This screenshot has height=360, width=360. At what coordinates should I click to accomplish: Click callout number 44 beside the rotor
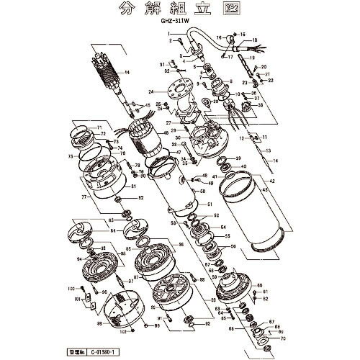[x=127, y=73]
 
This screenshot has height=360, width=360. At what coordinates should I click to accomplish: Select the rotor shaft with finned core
[x=107, y=76]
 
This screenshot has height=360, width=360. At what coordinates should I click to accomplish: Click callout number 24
[x=152, y=92]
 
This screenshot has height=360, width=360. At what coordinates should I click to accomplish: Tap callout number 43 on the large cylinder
[x=264, y=189]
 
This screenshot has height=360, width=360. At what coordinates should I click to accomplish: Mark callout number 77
[x=84, y=195]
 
